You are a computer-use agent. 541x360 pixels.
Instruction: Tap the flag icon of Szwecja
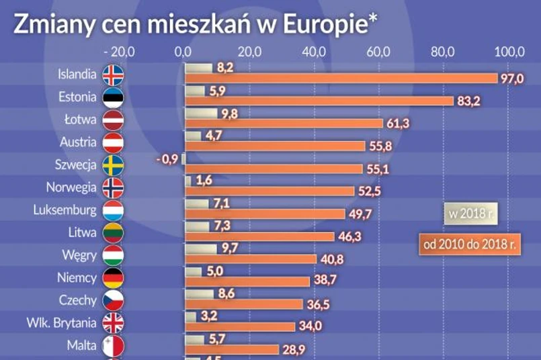point(113,165)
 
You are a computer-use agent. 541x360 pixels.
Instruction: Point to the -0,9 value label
point(165,159)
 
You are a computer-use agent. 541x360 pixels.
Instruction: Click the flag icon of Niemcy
point(113,278)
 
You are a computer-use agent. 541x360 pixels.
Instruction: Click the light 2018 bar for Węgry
point(200,249)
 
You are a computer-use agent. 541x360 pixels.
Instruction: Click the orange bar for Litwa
point(259,236)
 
